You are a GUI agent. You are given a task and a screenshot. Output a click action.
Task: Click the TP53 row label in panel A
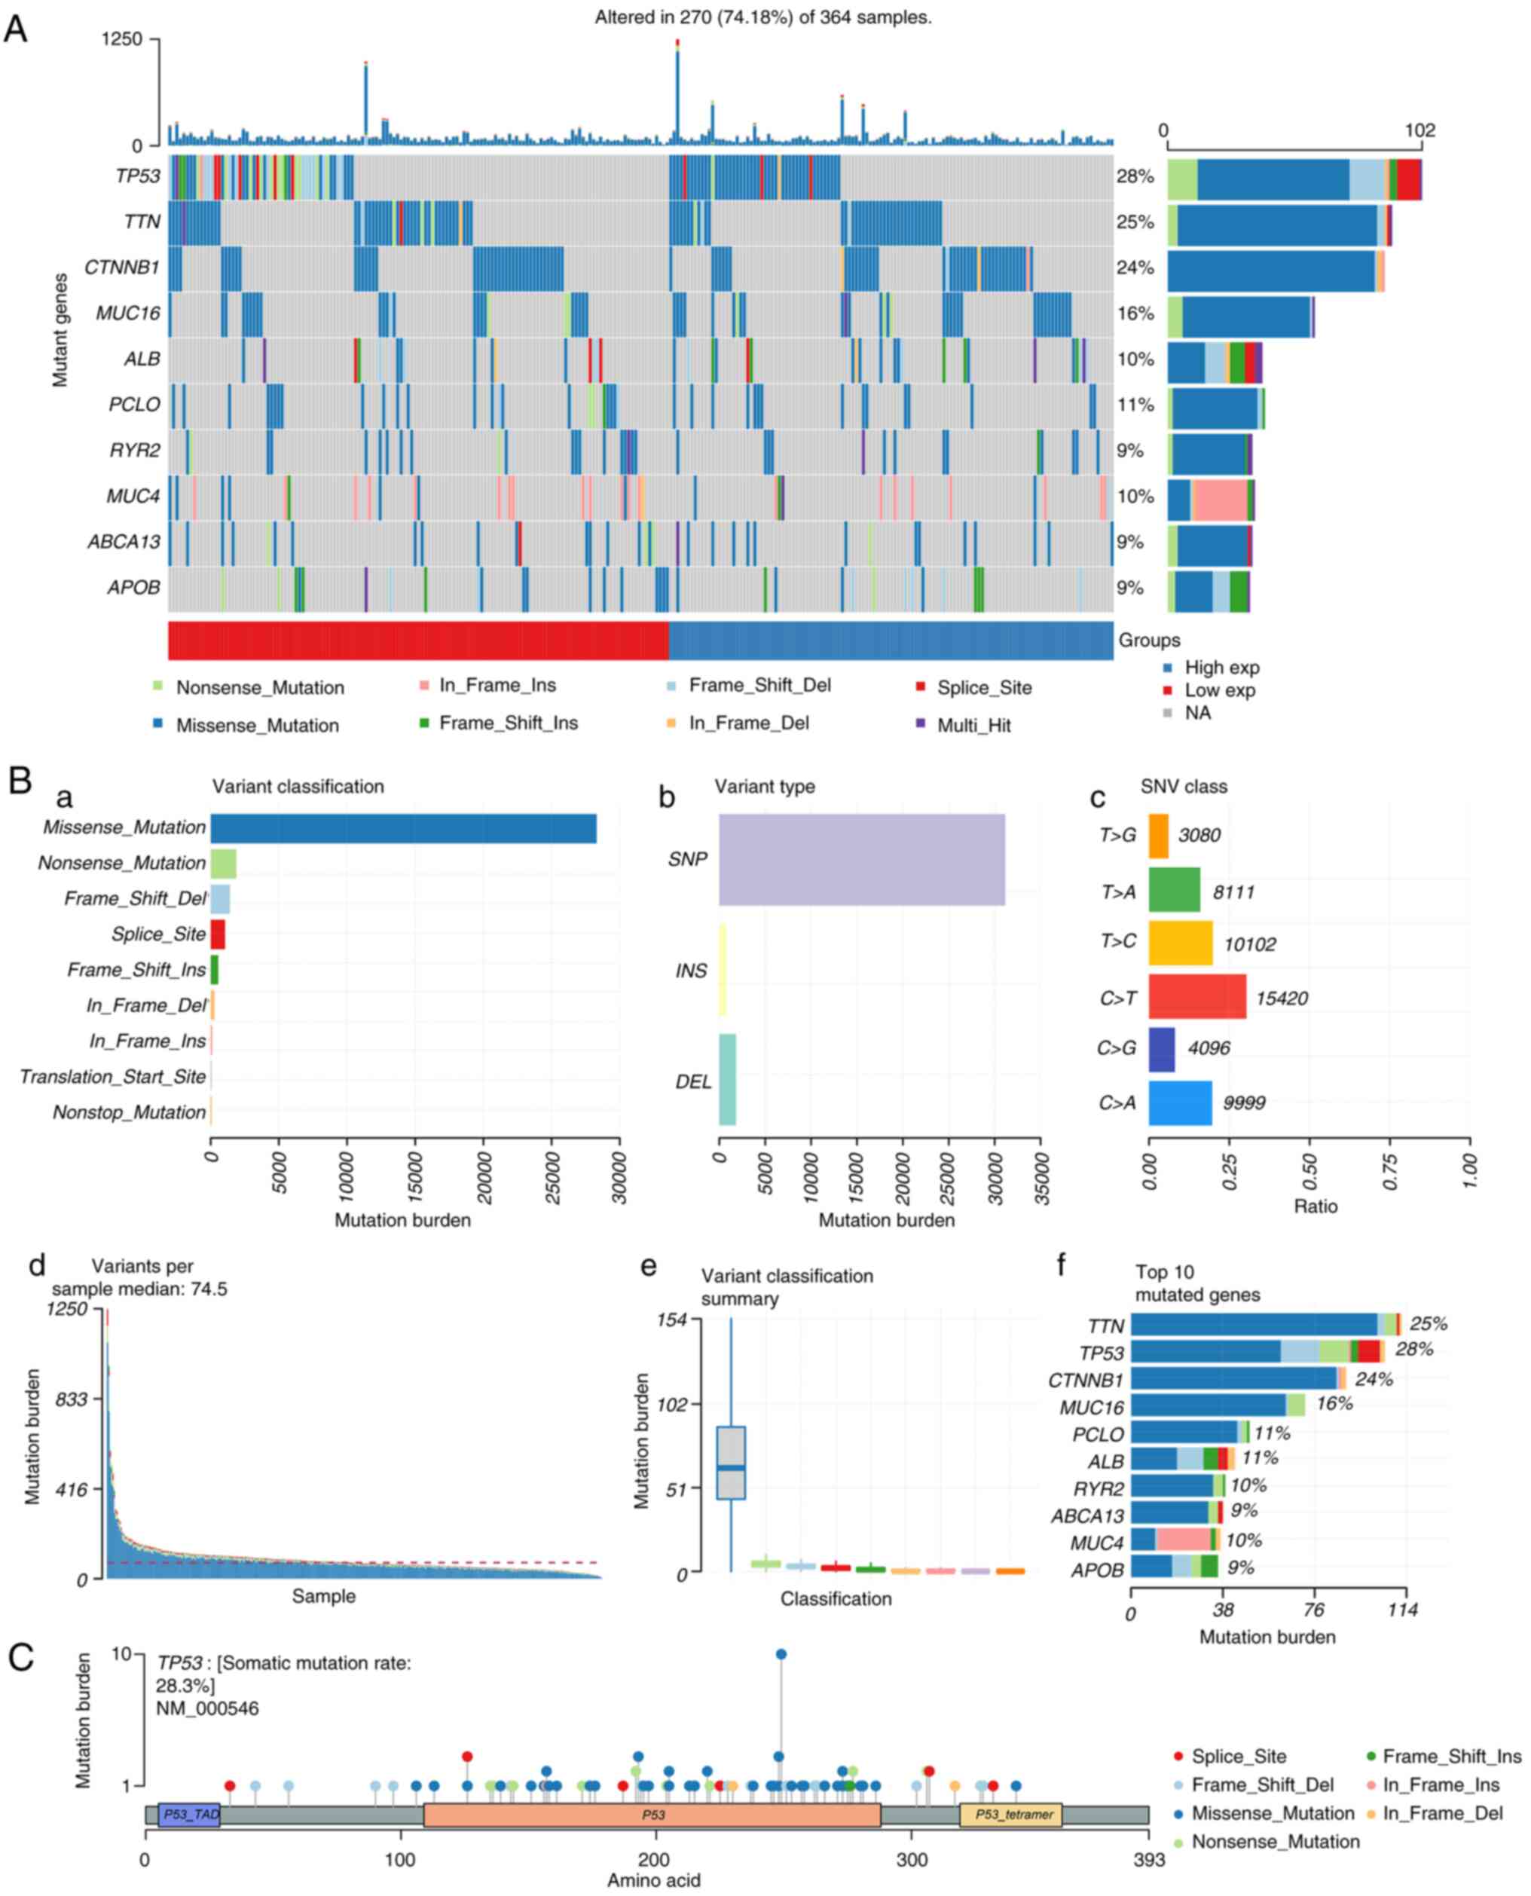(138, 176)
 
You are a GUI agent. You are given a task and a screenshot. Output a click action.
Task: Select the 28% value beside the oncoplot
(1135, 176)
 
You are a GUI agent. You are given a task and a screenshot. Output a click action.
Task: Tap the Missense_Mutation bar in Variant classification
(403, 828)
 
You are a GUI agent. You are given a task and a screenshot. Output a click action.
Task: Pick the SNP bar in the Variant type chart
(862, 859)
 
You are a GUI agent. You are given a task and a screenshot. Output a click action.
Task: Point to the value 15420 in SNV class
(1282, 998)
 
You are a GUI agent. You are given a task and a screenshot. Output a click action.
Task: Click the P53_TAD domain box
(188, 1815)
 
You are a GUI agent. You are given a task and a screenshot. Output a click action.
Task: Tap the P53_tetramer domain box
(1010, 1815)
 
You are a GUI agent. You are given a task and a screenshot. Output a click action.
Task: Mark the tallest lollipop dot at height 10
(781, 1654)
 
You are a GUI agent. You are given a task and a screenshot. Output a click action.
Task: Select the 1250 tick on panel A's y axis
(122, 38)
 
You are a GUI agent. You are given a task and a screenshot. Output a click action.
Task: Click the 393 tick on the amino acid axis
(1148, 1861)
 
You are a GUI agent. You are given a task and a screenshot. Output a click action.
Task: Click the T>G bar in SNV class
(1158, 835)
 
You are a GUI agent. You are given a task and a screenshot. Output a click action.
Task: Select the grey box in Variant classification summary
(731, 1462)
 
